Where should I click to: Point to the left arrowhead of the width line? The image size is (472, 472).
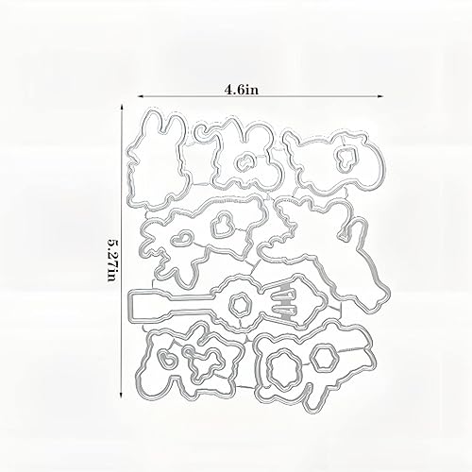point(142,96)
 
